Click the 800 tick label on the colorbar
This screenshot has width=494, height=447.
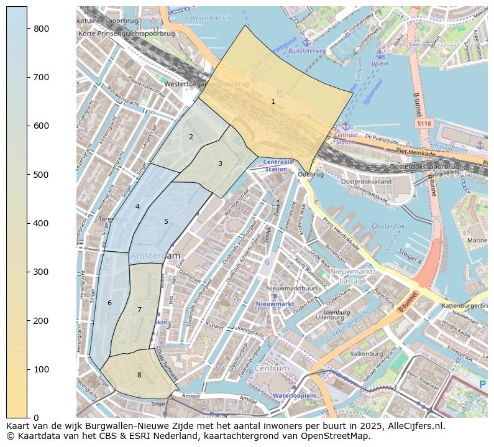[40, 29]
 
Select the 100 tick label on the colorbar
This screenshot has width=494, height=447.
[40, 369]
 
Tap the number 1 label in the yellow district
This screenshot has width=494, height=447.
[273, 101]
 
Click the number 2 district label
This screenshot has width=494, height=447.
[191, 137]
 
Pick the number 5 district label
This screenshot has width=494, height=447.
[166, 221]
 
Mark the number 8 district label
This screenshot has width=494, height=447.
[139, 375]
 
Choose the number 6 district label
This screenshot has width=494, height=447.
[109, 303]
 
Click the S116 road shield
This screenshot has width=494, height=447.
[424, 124]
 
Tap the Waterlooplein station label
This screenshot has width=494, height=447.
[294, 395]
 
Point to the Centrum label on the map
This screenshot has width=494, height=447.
[272, 368]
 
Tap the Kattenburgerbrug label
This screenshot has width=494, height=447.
[467, 306]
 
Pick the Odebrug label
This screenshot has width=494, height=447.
[311, 175]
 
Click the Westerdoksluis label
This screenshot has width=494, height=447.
[210, 18]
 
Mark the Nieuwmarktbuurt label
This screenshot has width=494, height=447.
[291, 288]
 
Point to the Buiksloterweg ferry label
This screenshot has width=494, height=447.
[307, 51]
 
